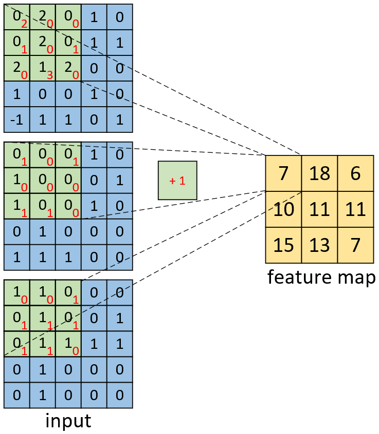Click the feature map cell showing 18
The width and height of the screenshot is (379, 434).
tap(319, 173)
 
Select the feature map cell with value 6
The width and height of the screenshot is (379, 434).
tap(356, 173)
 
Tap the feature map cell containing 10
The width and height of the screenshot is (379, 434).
tap(283, 209)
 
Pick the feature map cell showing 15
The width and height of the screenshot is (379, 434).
tap(283, 245)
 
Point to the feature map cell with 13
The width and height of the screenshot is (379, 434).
tap(319, 245)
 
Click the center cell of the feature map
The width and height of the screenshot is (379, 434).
tap(319, 209)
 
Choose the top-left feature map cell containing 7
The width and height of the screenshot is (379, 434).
tap(283, 173)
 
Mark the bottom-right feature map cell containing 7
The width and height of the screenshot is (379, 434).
tap(356, 245)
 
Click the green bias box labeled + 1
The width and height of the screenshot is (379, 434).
tap(177, 181)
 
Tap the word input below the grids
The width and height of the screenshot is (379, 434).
tap(68, 421)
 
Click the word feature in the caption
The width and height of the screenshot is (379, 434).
tap(300, 277)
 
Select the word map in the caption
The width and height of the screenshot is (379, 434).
tap(357, 279)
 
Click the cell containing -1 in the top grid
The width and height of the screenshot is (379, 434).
tap(16, 120)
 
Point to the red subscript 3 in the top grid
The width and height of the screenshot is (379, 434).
tap(50, 75)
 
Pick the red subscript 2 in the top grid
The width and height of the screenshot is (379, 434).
tap(24, 24)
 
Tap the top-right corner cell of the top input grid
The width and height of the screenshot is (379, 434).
tap(120, 17)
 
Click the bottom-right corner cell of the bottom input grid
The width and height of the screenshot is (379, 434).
tap(120, 395)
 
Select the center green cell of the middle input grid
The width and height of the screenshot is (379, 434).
tap(43, 181)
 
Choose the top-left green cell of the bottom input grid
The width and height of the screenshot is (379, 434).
tap(16, 293)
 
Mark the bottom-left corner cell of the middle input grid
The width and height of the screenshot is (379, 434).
tap(16, 258)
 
